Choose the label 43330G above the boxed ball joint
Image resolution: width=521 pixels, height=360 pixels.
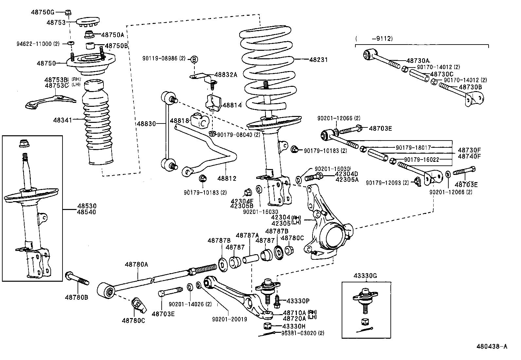pos(365,276)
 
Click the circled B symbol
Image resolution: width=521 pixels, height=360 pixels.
pos(194,59)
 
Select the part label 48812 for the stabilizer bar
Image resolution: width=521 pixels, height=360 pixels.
pos(227,179)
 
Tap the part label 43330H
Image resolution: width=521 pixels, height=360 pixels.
pos(294,326)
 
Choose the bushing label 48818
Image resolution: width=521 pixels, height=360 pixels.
pos(180,121)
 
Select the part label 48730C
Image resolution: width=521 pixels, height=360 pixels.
pos(441,74)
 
